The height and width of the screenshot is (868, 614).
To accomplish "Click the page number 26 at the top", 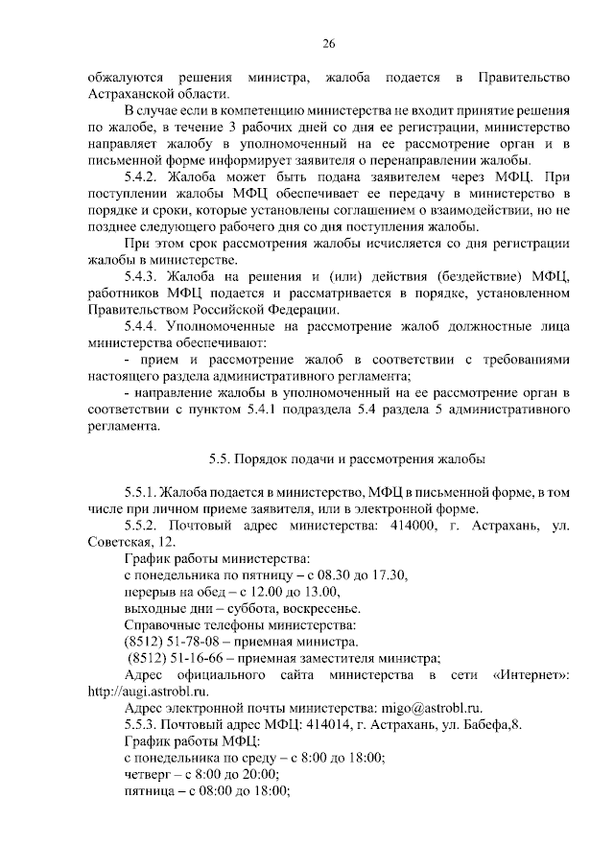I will coord(327,44).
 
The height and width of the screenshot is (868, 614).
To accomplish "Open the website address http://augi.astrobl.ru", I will coord(148,690).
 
